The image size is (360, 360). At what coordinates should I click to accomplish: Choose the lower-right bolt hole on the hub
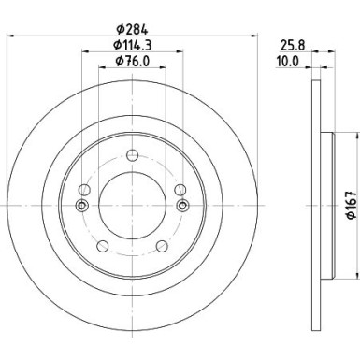(162, 246)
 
